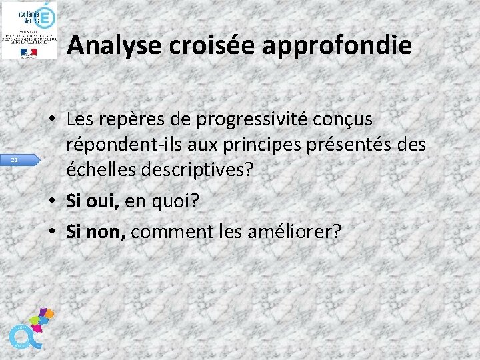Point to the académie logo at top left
pyautogui.click(x=29, y=29)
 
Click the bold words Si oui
pyautogui.click(x=93, y=201)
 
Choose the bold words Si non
pyautogui.click(x=95, y=231)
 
